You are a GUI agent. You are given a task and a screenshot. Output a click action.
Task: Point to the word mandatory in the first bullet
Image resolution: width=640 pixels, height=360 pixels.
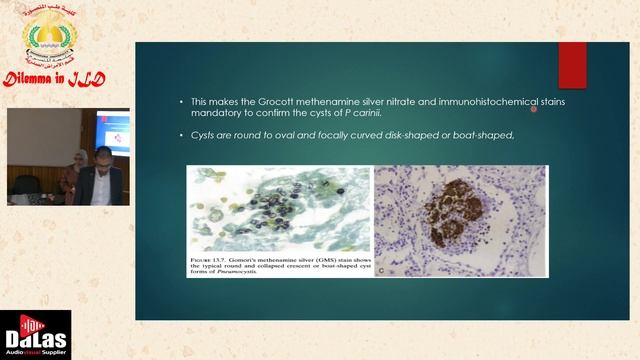[x=214, y=113]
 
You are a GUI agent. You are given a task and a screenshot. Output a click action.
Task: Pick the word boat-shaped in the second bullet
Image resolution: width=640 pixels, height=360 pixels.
[x=485, y=135]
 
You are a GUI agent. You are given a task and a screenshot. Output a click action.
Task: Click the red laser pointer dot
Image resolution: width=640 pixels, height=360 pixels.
[x=534, y=109]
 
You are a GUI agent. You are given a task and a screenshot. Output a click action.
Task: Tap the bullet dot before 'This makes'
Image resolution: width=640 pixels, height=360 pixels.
[x=180, y=102]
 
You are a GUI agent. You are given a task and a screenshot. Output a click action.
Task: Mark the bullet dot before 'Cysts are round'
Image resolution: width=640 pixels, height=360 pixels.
[x=180, y=135]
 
